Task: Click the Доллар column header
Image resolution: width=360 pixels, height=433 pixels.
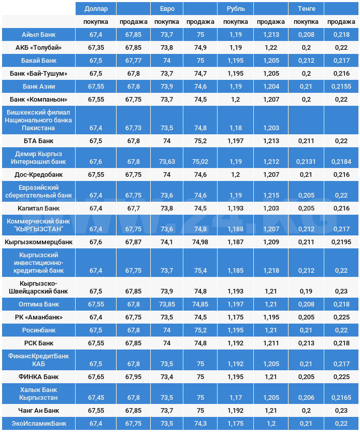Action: (x=96, y=9)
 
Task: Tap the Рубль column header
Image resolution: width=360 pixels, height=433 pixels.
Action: (x=236, y=9)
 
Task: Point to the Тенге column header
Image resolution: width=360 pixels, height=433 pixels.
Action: (x=306, y=9)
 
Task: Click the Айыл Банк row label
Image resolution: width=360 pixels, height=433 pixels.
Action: (x=39, y=35)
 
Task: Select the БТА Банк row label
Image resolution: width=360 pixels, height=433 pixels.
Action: (x=39, y=141)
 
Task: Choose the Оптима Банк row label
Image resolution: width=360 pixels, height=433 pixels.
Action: (x=39, y=304)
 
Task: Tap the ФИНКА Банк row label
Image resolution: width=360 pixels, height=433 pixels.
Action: (x=39, y=376)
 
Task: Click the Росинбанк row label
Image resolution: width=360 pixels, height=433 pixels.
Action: (x=39, y=330)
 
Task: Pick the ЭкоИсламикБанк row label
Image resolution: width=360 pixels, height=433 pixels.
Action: (x=39, y=424)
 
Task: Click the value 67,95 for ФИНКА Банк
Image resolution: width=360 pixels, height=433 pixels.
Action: (x=133, y=376)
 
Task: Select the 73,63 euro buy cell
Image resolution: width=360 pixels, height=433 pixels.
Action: (x=167, y=162)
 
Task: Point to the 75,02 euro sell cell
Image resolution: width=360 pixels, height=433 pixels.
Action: (x=200, y=162)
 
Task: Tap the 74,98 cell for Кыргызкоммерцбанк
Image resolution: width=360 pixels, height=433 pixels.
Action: (x=200, y=242)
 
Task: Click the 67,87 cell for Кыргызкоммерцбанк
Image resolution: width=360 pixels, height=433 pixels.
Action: (x=133, y=242)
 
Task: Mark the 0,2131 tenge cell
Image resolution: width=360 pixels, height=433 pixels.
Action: (x=306, y=162)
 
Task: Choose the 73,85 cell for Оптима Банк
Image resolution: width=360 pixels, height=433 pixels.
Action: (x=167, y=304)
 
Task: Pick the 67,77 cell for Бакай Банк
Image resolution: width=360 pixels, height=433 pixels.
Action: (x=133, y=61)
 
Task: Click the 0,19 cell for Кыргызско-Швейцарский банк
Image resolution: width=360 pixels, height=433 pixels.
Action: (x=306, y=291)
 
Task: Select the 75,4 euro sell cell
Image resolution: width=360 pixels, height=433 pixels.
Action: (x=200, y=271)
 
